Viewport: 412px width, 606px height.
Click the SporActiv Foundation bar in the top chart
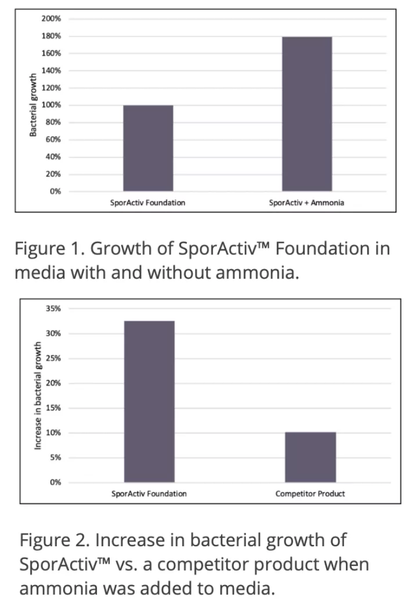pos(148,148)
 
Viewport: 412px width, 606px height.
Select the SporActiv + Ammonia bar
pos(307,114)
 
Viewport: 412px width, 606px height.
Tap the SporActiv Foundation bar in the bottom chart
pos(149,401)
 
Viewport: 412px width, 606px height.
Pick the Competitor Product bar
pos(310,457)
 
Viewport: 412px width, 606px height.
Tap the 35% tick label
pos(53,309)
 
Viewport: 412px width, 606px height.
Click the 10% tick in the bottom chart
pos(53,433)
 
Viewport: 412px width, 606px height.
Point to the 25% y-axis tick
pos(53,358)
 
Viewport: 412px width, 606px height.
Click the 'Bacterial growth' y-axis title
pos(34,105)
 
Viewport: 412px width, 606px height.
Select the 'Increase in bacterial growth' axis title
pos(38,395)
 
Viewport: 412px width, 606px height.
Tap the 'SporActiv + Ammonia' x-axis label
pos(306,203)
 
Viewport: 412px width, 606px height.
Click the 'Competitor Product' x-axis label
pos(310,494)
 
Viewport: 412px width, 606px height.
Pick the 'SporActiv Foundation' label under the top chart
pos(147,203)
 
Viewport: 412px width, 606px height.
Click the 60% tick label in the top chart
pos(53,139)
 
